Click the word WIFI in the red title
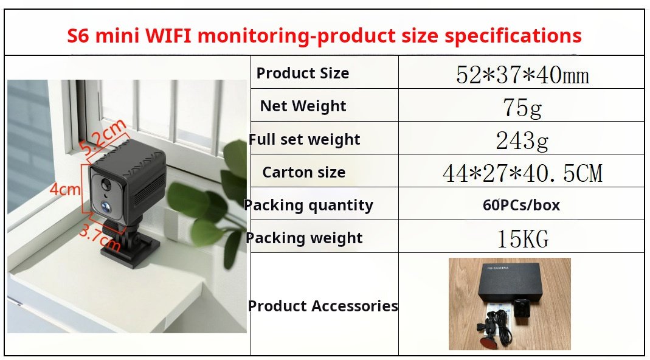click(x=168, y=36)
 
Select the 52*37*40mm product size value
click(x=522, y=75)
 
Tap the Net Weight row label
click(x=303, y=106)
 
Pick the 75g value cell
click(x=522, y=108)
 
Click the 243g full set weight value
click(x=522, y=140)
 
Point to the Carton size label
click(x=304, y=172)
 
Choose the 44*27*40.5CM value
click(x=522, y=173)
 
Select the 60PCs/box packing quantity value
click(x=522, y=205)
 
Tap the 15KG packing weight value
click(x=523, y=239)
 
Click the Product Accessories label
click(x=323, y=306)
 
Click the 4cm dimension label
click(x=64, y=190)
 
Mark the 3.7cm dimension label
click(x=100, y=238)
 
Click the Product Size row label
click(x=303, y=73)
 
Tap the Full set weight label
click(x=305, y=139)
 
